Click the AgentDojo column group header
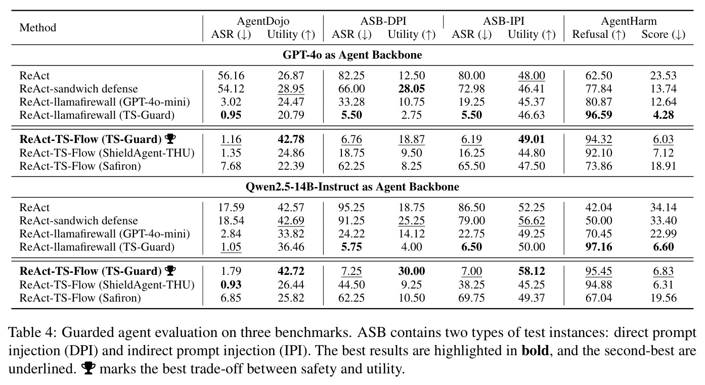263,21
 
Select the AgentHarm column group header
629,21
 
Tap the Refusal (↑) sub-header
598,34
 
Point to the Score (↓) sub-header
663,34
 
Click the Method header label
38,28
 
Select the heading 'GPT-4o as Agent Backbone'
352,55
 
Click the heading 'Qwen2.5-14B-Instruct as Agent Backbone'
352,187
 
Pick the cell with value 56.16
231,75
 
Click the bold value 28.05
411,89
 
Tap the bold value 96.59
599,115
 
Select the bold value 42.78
291,139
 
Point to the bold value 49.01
531,139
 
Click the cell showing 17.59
231,207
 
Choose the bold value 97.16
599,247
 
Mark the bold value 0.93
231,284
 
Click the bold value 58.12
531,271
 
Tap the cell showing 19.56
663,298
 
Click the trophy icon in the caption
88,368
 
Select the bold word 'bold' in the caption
535,350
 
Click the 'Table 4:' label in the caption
32,332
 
